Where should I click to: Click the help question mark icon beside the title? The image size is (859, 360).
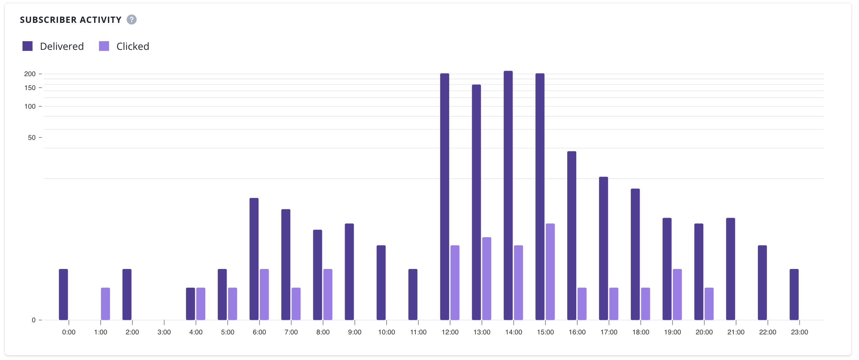132,20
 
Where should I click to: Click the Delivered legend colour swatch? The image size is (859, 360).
27,46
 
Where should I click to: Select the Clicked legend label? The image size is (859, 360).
133,46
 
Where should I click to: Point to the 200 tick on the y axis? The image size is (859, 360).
30,74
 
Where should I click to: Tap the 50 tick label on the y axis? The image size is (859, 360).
31,138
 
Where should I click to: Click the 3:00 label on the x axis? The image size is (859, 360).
164,332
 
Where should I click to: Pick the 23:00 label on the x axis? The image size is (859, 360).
799,332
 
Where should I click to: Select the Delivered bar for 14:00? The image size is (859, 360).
508,196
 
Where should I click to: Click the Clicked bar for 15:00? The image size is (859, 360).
550,272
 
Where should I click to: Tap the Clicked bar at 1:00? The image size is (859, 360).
106,304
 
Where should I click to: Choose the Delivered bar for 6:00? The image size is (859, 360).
254,259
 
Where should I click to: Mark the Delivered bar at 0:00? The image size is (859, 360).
63,294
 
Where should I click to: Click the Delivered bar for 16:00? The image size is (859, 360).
572,235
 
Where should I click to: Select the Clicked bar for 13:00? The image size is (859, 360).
487,279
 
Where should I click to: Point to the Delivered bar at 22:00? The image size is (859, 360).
762,282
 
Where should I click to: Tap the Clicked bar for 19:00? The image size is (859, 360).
677,294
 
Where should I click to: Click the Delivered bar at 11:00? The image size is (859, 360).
413,294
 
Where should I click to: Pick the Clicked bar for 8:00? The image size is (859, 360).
328,294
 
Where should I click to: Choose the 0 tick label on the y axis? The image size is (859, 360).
34,320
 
